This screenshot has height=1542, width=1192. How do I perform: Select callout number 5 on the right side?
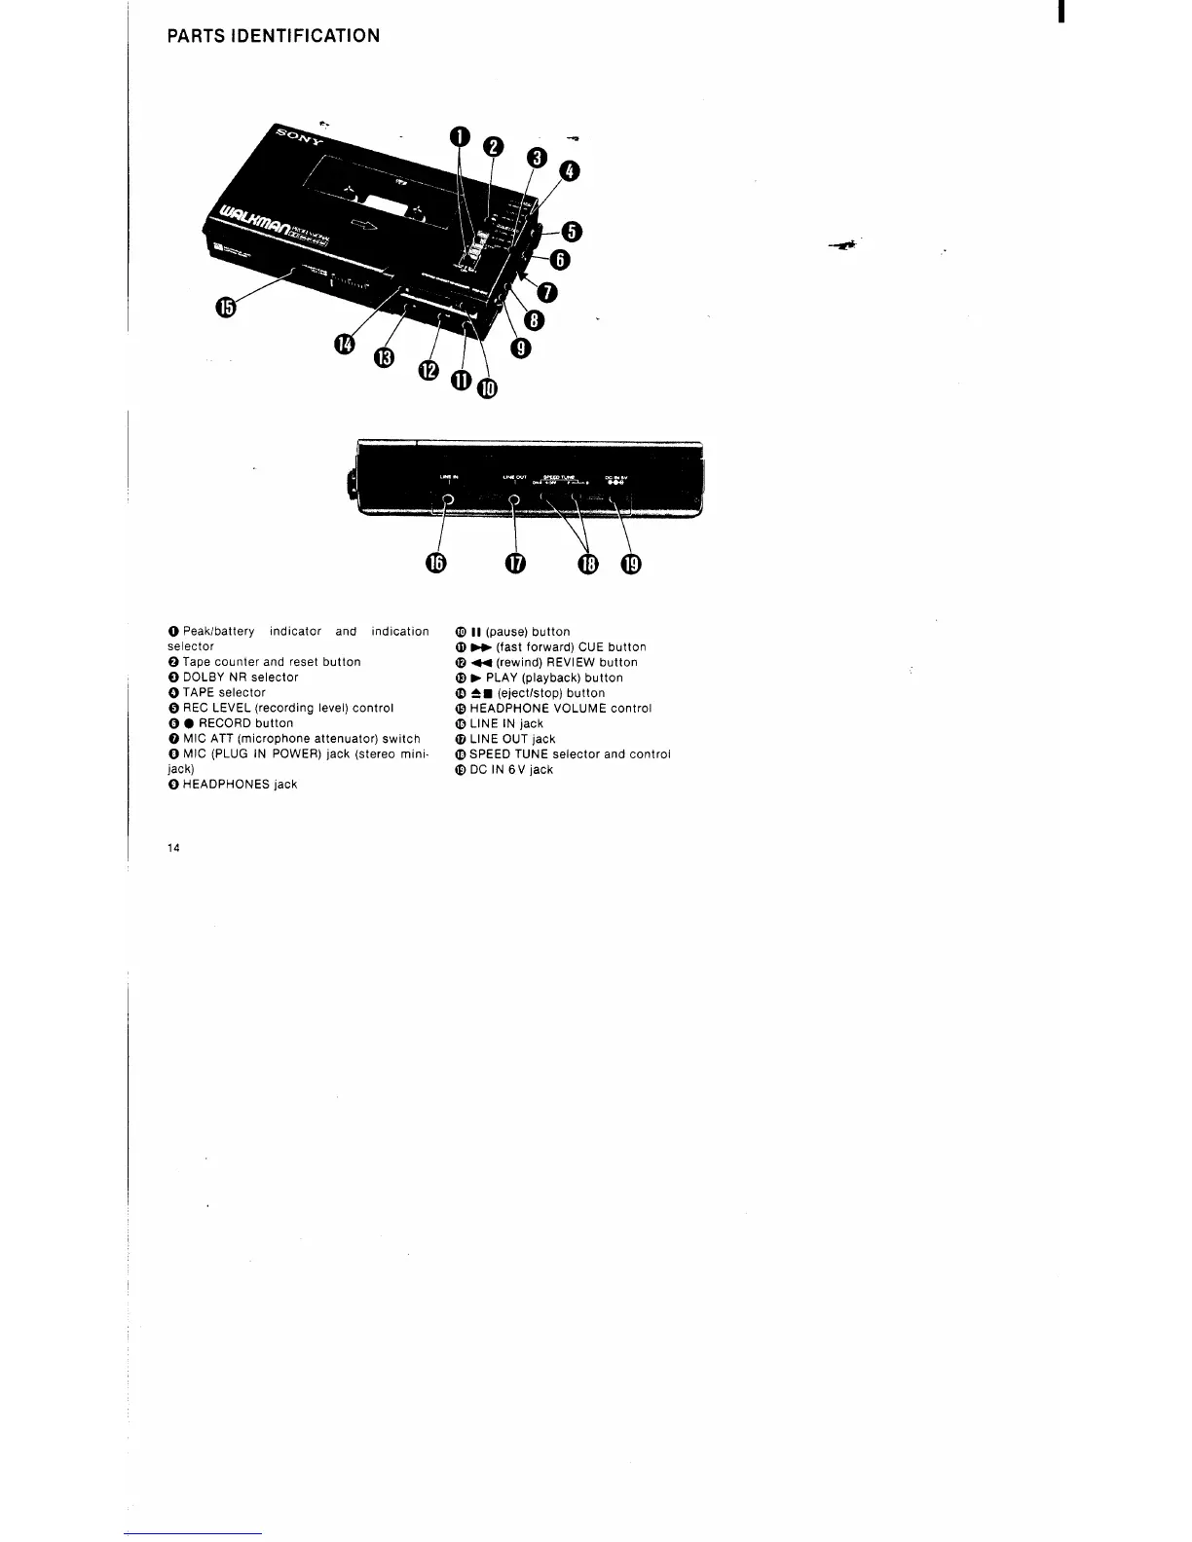(x=572, y=231)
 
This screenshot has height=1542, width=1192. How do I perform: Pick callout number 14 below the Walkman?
(x=345, y=345)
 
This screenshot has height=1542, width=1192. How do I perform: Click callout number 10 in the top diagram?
(x=486, y=390)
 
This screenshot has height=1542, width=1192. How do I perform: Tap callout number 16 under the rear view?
(x=435, y=565)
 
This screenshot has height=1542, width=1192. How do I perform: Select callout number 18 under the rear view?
(x=589, y=565)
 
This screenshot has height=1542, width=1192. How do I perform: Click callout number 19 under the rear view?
(x=631, y=565)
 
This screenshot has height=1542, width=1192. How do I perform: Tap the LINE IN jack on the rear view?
(x=447, y=500)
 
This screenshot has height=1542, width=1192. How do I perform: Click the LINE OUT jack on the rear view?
(x=514, y=500)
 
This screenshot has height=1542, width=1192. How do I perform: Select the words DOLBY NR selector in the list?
(x=241, y=678)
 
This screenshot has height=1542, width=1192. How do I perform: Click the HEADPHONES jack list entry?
(x=240, y=785)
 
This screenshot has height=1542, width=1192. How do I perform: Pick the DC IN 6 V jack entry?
(x=510, y=770)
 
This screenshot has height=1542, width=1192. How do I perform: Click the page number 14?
(x=173, y=848)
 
